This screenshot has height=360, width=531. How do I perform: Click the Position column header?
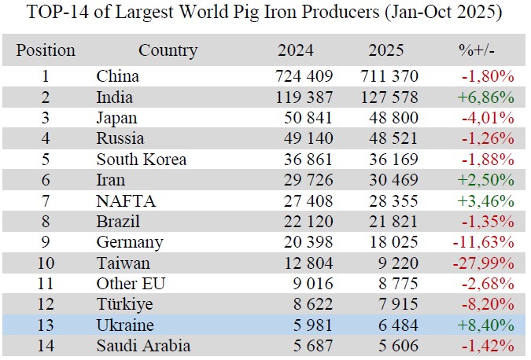[46, 50]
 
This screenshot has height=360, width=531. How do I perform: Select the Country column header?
[168, 50]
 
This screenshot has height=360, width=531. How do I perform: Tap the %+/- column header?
[477, 50]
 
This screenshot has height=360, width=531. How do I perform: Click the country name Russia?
[120, 138]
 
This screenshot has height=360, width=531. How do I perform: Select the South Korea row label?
[142, 159]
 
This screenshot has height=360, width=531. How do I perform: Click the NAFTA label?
[126, 200]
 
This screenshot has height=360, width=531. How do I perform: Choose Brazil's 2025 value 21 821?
[393, 221]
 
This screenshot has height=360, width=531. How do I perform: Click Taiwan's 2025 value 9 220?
[398, 263]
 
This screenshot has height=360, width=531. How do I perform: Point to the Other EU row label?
[131, 284]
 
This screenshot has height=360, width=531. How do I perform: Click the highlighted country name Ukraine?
[125, 325]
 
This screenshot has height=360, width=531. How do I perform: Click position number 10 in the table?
[46, 263]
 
